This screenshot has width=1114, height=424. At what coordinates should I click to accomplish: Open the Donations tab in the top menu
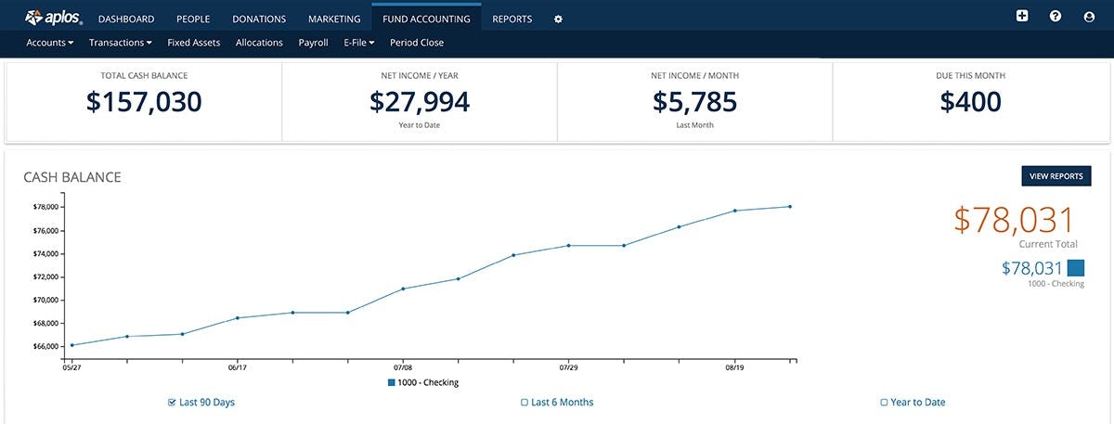[259, 19]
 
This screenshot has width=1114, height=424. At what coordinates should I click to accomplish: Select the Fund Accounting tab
[426, 19]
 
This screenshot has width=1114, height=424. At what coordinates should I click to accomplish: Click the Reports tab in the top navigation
[512, 19]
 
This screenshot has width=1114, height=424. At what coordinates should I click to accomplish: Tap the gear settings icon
[558, 19]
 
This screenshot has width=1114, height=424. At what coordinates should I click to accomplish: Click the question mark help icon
[1056, 17]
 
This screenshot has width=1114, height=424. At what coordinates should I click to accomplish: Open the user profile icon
[1089, 17]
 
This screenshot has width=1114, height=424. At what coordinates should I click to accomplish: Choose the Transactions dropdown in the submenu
[120, 43]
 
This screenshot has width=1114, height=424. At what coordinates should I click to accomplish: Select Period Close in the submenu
[417, 43]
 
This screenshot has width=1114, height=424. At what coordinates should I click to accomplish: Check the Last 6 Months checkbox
[525, 403]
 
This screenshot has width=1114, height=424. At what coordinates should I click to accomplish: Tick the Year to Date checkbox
[884, 403]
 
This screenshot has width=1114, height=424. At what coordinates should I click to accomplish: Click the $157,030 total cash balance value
[144, 102]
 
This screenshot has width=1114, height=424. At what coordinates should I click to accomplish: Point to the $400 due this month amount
[970, 102]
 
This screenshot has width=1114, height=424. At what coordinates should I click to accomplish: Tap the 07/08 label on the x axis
[403, 367]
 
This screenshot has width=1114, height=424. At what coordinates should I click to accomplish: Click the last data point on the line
[790, 207]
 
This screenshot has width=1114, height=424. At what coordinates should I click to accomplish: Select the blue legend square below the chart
[392, 383]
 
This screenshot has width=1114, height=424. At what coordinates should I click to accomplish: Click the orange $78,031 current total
[1014, 220]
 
